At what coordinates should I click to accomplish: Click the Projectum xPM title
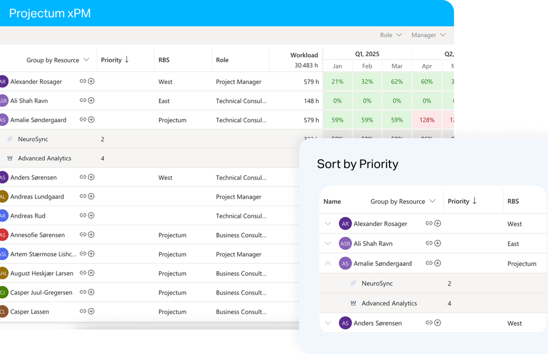point(50,13)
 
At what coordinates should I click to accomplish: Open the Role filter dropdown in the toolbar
point(391,35)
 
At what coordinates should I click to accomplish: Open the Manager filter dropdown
point(428,35)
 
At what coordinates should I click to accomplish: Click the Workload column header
point(304,55)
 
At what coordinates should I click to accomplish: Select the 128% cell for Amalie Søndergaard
point(426,120)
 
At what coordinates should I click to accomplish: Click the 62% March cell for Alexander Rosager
point(397,82)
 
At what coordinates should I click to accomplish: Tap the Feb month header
point(367,66)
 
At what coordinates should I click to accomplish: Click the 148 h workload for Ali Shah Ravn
point(311,101)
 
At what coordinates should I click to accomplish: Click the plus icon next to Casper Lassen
point(91,311)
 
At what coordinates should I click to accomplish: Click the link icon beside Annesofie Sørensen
point(83,235)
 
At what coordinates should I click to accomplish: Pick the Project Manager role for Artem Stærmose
point(238,255)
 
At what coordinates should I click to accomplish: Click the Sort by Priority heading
point(357,164)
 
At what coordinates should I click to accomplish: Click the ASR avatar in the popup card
point(345,243)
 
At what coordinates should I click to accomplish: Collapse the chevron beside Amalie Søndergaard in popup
point(328,263)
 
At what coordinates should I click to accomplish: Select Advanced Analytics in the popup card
point(389,303)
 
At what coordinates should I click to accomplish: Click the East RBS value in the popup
point(513,244)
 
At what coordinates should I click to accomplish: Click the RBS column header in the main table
point(164,60)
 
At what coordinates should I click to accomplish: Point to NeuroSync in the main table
point(33,139)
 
